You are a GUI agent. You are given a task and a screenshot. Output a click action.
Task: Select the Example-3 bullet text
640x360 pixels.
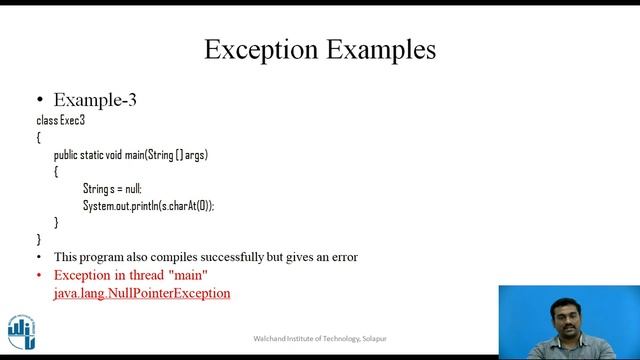point(94,99)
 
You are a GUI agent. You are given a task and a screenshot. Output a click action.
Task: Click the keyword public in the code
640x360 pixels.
point(65,155)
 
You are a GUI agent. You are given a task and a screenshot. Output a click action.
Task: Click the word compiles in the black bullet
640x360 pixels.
point(174,257)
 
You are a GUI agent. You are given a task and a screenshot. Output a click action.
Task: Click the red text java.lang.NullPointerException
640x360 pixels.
point(142,293)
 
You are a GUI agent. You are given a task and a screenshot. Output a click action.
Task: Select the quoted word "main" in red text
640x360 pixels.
point(187,275)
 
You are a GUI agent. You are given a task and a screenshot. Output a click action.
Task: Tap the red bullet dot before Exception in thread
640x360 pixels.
point(40,275)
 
